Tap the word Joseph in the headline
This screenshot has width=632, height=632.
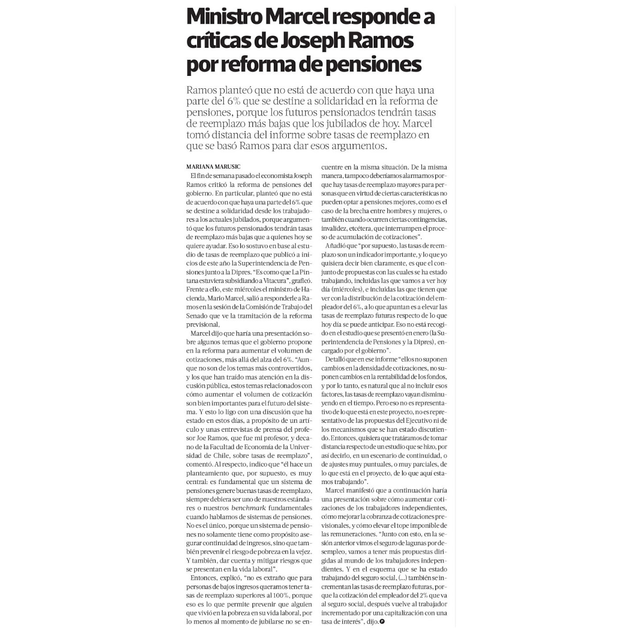tap(313, 41)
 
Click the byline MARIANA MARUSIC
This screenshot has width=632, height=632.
tap(213, 167)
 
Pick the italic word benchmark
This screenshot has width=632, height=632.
tap(248, 508)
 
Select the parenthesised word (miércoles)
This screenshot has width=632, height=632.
tap(340, 289)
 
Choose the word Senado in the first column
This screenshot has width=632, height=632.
tap(197, 316)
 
